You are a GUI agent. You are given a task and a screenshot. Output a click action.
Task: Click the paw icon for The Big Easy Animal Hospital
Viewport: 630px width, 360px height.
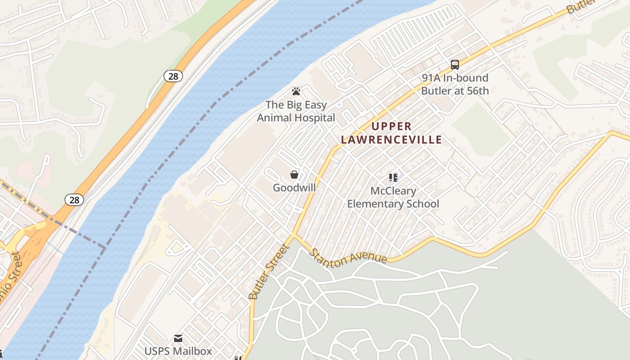[x=296, y=92]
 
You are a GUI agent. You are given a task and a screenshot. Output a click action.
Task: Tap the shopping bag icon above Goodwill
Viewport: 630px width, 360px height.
[x=294, y=175]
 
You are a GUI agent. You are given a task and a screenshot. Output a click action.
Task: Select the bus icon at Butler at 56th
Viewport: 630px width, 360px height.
[x=455, y=65]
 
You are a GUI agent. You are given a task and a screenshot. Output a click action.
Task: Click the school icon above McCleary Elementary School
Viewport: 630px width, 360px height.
[x=393, y=178]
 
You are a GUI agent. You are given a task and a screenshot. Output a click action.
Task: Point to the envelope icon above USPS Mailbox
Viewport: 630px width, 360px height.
[x=178, y=338]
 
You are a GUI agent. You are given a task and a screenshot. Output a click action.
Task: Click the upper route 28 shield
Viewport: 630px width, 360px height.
[x=173, y=76]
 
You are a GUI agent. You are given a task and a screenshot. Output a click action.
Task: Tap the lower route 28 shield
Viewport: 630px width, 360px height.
[x=74, y=200]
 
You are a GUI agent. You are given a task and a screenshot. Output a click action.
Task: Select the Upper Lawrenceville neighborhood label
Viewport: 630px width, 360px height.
[x=391, y=133]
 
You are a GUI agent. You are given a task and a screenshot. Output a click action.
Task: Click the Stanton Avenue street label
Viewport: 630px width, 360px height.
[x=348, y=256]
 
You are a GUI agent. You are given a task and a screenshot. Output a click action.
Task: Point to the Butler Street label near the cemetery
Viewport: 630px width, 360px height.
[x=268, y=272]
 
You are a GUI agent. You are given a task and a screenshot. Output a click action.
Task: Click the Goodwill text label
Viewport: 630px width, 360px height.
[x=294, y=188]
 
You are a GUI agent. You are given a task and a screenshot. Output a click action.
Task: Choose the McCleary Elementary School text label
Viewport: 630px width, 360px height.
[x=393, y=198]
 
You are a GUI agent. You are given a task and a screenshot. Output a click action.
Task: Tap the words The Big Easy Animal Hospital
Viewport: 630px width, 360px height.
[x=296, y=111]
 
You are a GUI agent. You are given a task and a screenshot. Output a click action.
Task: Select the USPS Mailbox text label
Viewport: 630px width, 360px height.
[x=178, y=351]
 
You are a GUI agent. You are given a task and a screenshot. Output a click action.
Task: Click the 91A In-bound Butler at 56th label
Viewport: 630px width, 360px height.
[x=454, y=84]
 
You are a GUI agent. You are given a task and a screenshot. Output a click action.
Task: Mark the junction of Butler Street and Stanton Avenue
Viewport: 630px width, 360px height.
[x=293, y=235]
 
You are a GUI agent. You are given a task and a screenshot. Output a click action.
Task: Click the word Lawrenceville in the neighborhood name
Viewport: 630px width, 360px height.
[x=391, y=139]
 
